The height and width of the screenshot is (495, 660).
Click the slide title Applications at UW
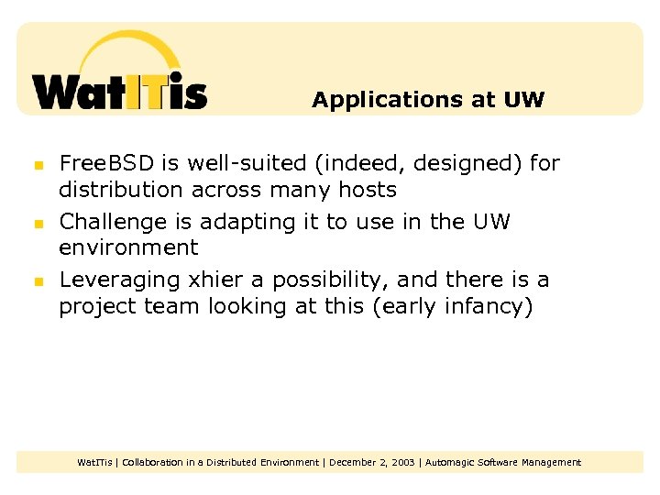[428, 100]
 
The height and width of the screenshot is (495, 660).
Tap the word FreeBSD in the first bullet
[106, 164]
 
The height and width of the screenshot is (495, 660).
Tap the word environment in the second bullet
[128, 247]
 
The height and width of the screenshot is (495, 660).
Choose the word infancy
[488, 306]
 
